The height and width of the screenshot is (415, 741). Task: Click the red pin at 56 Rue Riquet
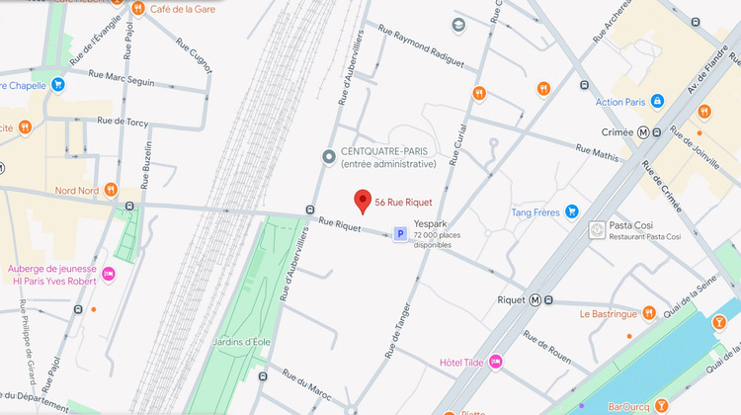(363, 201)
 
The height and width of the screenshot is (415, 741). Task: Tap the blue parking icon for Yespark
(400, 234)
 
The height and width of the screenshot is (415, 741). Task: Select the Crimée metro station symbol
(643, 131)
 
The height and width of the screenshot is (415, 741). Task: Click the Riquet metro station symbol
(535, 299)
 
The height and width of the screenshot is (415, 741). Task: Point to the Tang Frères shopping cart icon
(570, 211)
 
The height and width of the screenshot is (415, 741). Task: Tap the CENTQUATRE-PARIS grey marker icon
(330, 157)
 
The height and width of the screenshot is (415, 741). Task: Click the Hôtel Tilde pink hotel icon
(495, 362)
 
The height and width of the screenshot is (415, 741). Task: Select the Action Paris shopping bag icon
(657, 101)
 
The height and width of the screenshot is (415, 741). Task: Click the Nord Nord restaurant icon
(112, 191)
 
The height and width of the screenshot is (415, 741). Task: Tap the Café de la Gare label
(184, 9)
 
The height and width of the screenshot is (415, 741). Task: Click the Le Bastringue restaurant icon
(649, 313)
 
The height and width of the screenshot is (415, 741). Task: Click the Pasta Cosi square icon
(596, 230)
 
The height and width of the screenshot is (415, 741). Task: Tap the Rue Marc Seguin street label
(122, 78)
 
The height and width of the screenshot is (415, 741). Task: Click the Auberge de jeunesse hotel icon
(109, 274)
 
